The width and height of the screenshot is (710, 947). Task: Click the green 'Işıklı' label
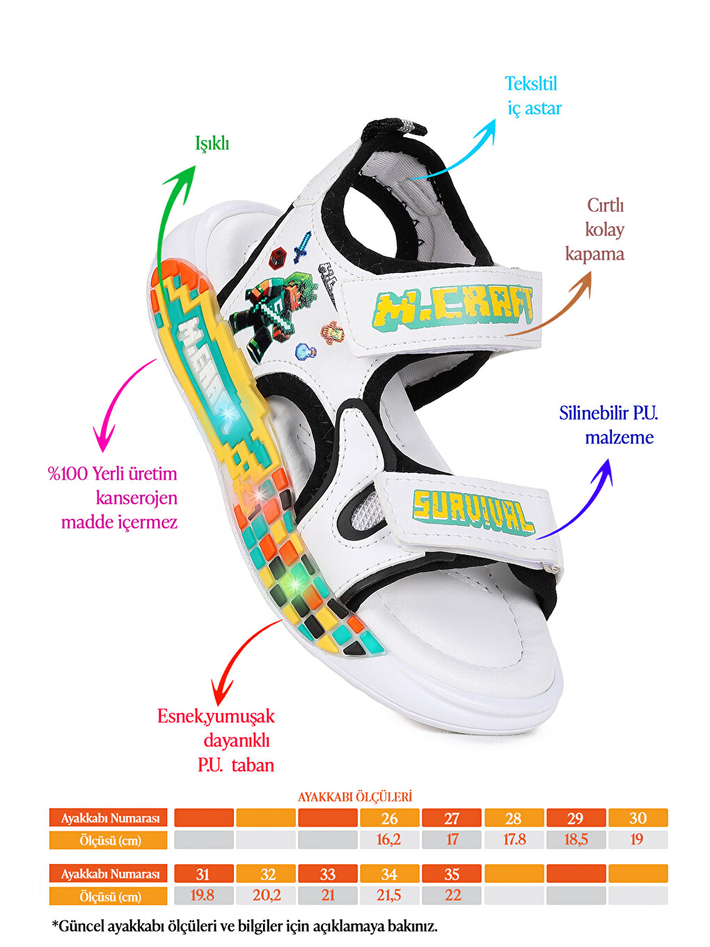(212, 143)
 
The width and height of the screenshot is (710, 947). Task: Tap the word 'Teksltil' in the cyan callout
(530, 84)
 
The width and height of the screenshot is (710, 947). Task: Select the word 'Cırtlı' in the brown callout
(606, 205)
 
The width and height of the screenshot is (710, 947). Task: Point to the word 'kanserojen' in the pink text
(136, 498)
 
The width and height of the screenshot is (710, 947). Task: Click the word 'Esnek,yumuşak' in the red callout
(216, 717)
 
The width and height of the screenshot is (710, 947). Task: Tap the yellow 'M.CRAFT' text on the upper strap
(452, 307)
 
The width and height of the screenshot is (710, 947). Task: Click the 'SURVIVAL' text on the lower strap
(473, 512)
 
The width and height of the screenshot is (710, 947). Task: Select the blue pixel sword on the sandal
(301, 247)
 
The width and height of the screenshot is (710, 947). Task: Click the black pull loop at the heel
(393, 127)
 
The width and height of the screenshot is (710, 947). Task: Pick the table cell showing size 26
(389, 818)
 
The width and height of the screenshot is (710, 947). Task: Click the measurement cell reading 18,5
(576, 840)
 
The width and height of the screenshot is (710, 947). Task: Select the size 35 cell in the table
(451, 874)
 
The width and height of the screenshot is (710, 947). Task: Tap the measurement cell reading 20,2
(267, 895)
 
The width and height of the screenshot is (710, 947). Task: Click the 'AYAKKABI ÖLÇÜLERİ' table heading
(355, 797)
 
